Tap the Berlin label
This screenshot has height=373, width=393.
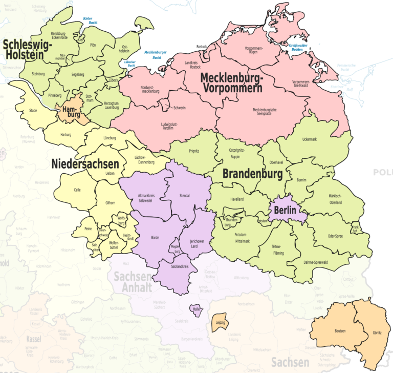click(x=285, y=210)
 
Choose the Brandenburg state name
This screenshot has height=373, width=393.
click(x=252, y=174)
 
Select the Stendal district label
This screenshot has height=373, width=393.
click(x=185, y=195)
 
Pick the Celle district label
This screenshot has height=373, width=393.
click(x=77, y=190)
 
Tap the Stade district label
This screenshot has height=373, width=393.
click(x=33, y=110)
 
